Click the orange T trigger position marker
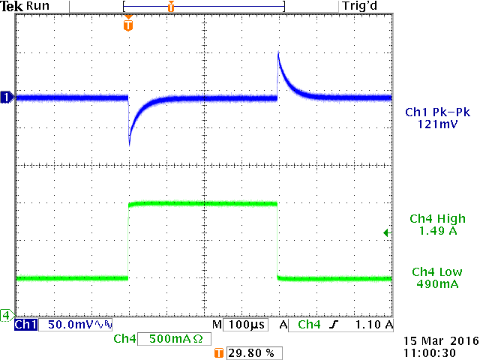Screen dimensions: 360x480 [128, 25]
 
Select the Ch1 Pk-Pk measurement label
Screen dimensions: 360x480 [437, 112]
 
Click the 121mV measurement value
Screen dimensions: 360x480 [438, 124]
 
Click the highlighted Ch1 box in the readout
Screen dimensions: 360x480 [25, 325]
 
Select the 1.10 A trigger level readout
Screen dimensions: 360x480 [373, 325]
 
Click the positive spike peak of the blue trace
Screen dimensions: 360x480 [278, 52]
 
